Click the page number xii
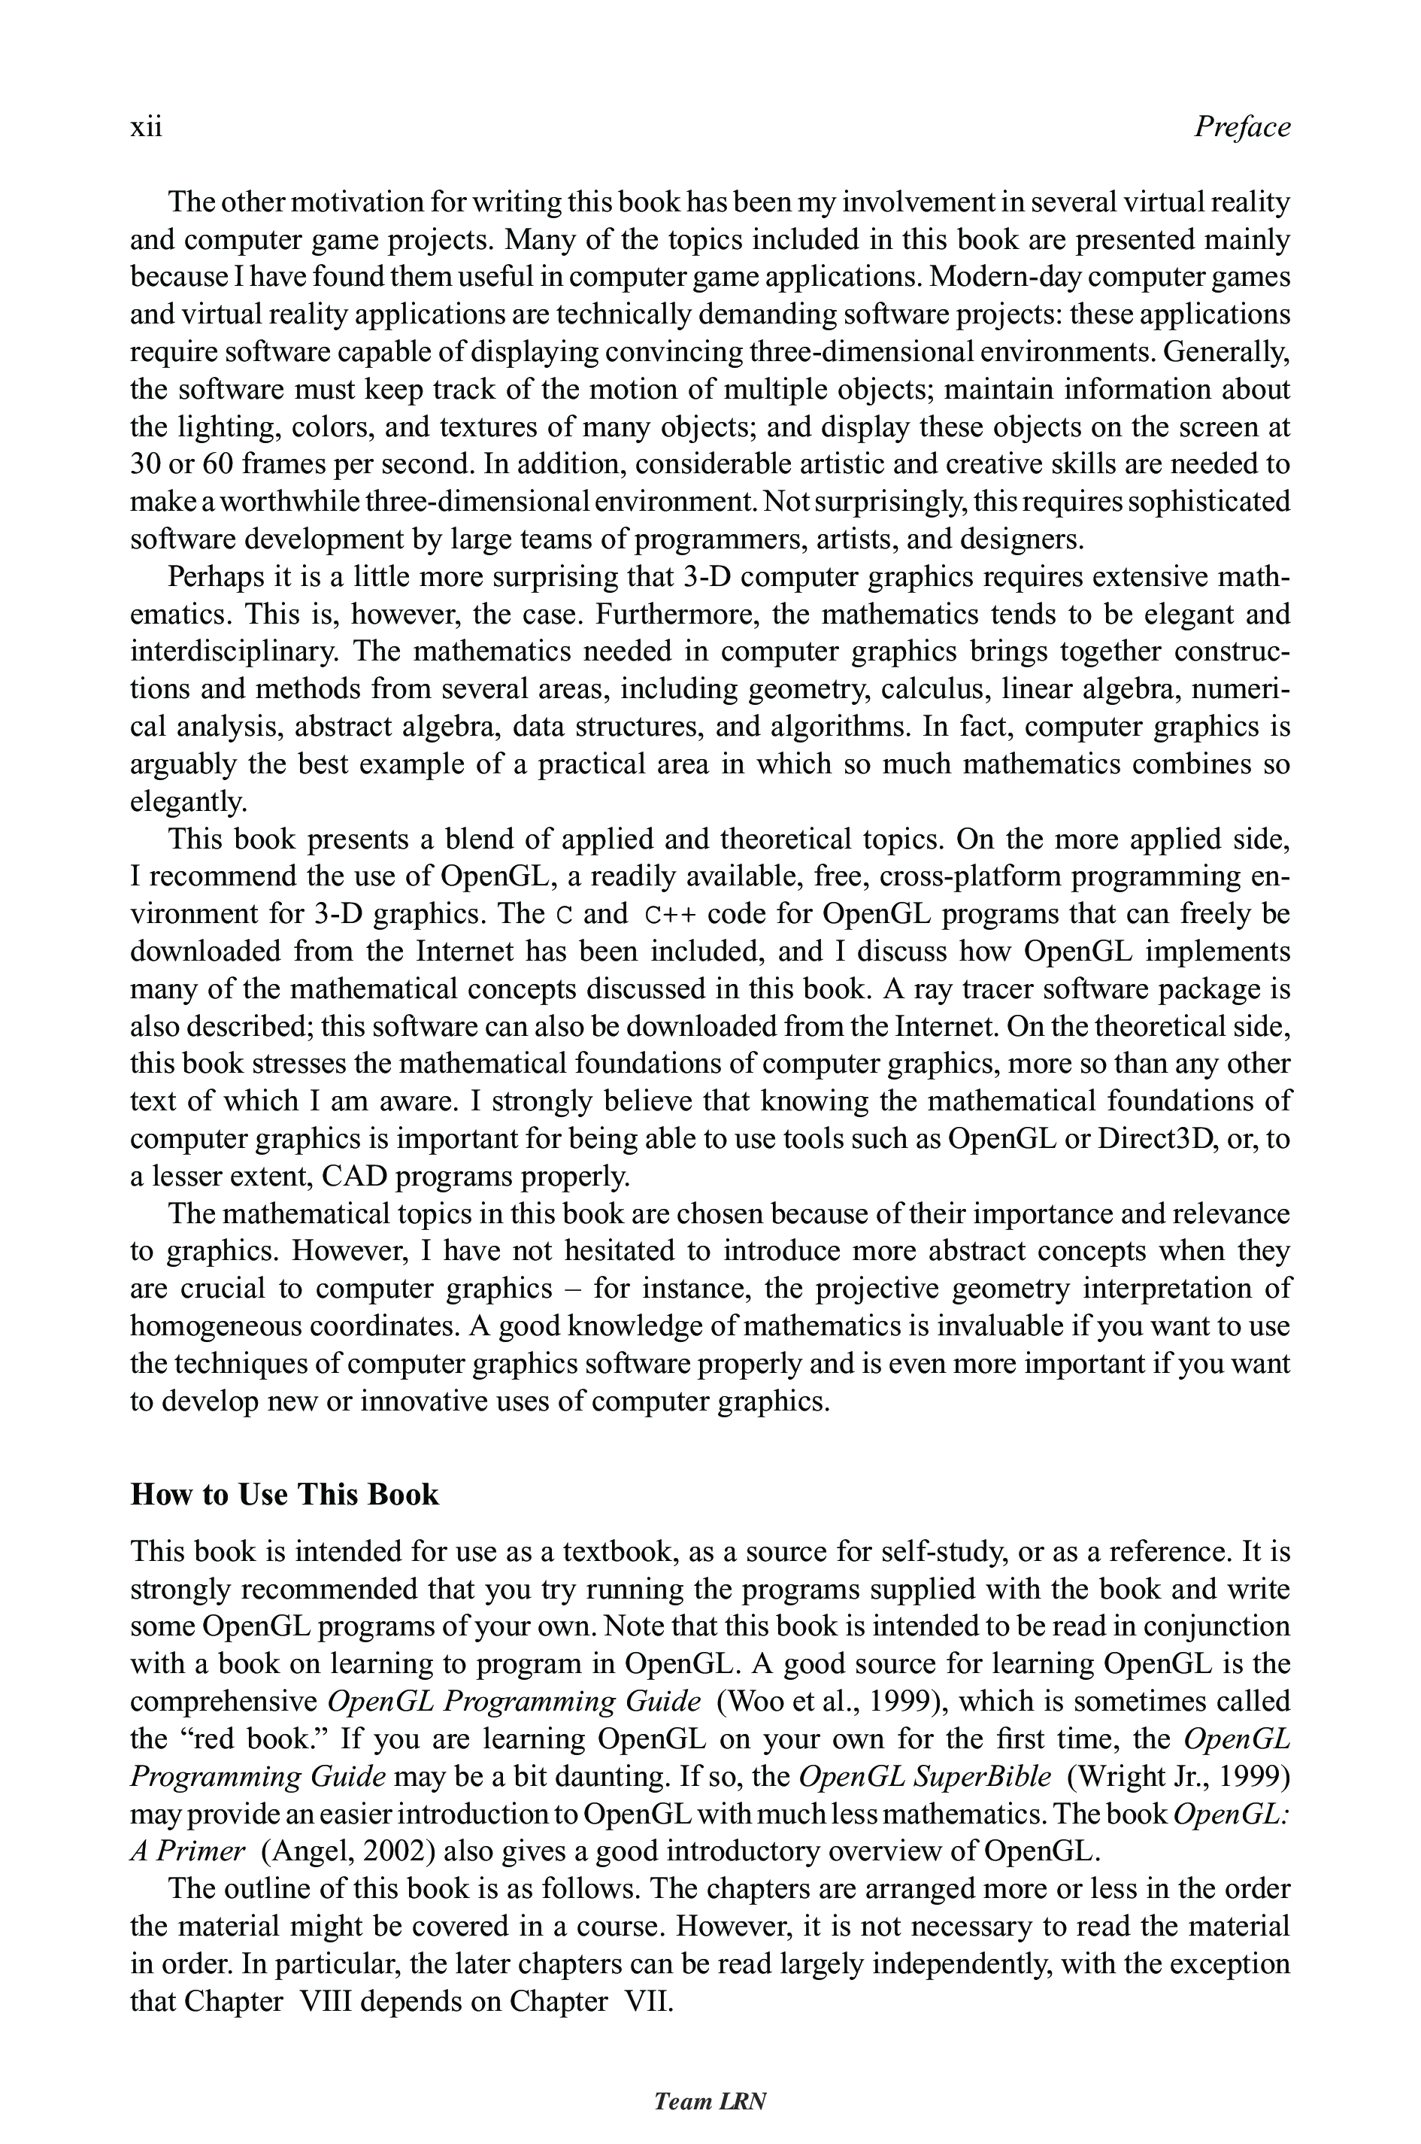coord(146,127)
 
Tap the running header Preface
coord(1241,127)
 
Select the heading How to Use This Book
coord(284,1495)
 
